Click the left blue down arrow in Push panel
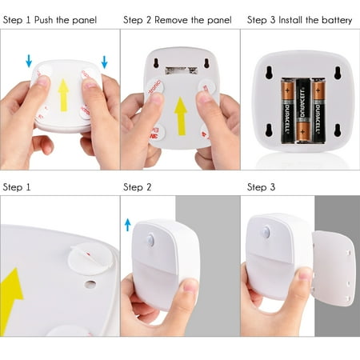(x=29, y=60)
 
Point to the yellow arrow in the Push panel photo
(x=63, y=94)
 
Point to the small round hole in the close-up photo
(x=90, y=283)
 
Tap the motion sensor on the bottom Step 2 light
(x=150, y=240)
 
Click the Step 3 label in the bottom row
(x=261, y=186)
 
